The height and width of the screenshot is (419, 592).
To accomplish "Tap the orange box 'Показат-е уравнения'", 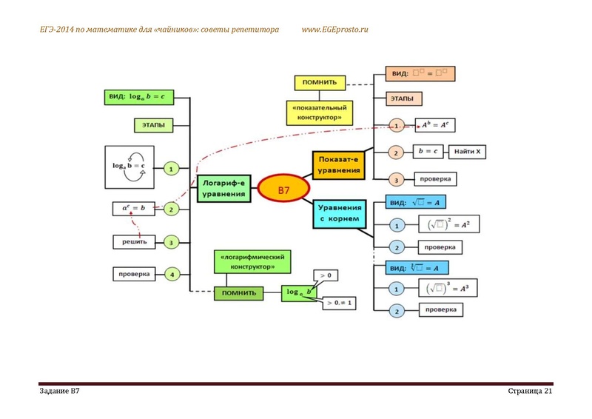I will click(338, 164).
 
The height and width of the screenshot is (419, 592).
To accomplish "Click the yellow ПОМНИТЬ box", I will click(320, 82).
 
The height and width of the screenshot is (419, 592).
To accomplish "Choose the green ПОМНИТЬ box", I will click(239, 293).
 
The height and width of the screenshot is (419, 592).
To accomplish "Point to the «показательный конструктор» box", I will click(320, 112).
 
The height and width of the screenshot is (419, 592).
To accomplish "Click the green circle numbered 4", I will click(171, 274).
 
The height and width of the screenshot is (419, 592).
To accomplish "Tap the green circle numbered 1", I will click(171, 169).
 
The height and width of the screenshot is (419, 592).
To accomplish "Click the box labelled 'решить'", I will click(134, 241).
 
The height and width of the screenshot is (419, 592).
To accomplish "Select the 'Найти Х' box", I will click(468, 152).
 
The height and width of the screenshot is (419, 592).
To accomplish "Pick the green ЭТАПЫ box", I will click(153, 124).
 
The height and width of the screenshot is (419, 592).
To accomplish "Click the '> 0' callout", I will click(325, 276).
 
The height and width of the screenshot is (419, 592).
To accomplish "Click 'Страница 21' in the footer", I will click(531, 390).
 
